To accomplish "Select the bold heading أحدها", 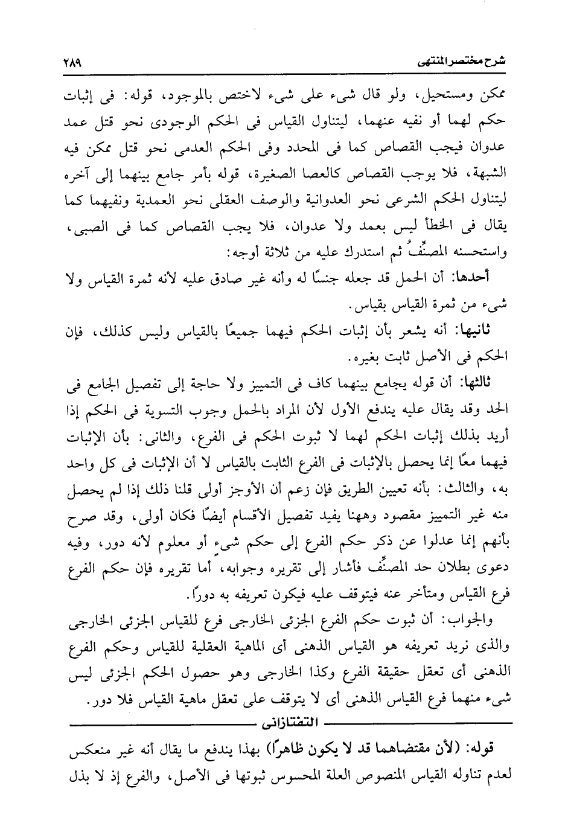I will point(490,278).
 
